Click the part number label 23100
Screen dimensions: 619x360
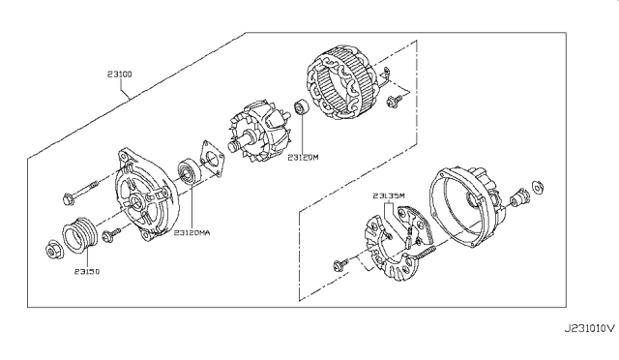click(120, 74)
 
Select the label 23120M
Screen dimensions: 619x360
click(303, 158)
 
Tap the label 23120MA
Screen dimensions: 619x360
click(192, 233)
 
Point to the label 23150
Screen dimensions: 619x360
click(87, 272)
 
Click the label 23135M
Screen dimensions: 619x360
click(389, 195)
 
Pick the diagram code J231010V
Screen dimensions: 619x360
click(589, 328)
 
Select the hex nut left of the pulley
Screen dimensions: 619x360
click(52, 250)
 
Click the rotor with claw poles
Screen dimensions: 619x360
click(258, 133)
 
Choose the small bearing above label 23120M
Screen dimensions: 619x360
click(302, 107)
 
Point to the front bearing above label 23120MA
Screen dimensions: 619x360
click(189, 171)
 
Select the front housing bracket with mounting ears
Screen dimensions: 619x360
click(147, 194)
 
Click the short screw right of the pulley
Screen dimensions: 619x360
click(112, 234)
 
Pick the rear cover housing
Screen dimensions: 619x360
click(467, 207)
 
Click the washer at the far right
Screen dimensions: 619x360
click(537, 188)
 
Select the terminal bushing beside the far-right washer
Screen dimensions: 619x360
click(519, 197)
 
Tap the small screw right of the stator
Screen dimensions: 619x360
click(394, 102)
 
